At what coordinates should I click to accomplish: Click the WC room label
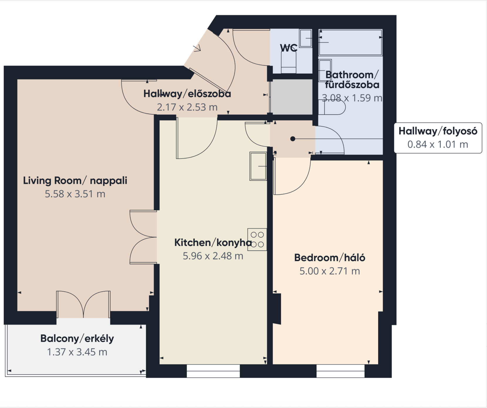pyautogui.click(x=289, y=48)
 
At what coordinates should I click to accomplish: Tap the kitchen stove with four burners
pyautogui.click(x=257, y=239)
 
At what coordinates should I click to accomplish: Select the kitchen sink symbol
pyautogui.click(x=258, y=166)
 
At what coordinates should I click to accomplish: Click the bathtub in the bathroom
pyautogui.click(x=350, y=42)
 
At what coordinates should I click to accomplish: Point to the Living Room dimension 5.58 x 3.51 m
pyautogui.click(x=75, y=194)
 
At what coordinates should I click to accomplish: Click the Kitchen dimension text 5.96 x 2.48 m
pyautogui.click(x=213, y=256)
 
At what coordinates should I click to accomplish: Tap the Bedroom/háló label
pyautogui.click(x=330, y=258)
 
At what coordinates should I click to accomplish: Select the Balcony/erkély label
pyautogui.click(x=77, y=339)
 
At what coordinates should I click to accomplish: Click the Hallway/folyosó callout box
pyautogui.click(x=438, y=138)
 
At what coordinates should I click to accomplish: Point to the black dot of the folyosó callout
pyautogui.click(x=293, y=139)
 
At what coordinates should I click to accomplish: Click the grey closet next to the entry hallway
pyautogui.click(x=291, y=97)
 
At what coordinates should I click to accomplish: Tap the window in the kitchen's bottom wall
pyautogui.click(x=213, y=371)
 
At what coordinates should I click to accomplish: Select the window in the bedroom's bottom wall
pyautogui.click(x=340, y=371)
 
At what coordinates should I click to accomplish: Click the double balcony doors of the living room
pyautogui.click(x=84, y=304)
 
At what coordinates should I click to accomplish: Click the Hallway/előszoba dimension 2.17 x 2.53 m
pyautogui.click(x=187, y=107)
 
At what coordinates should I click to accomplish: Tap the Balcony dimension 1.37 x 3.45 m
pyautogui.click(x=77, y=352)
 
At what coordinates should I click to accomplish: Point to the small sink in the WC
pyautogui.click(x=306, y=38)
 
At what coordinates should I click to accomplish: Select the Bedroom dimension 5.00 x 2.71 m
pyautogui.click(x=330, y=271)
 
